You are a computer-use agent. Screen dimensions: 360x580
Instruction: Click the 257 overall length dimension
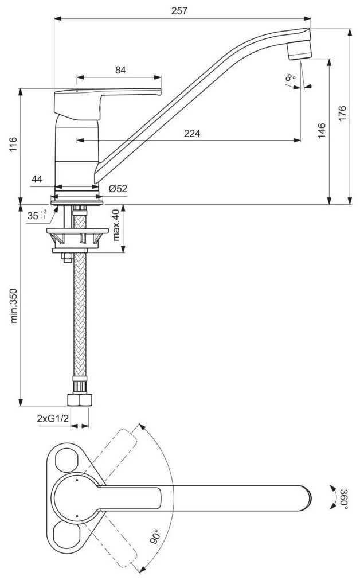point(179,11)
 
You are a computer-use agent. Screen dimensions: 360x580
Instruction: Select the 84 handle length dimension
point(120,69)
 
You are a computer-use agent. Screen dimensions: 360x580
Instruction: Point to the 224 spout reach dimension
point(192,133)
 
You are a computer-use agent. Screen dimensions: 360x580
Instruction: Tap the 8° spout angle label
point(291,77)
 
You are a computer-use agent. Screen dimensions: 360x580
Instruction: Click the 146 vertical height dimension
point(322,131)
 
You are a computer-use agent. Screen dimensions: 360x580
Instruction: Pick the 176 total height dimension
point(342,113)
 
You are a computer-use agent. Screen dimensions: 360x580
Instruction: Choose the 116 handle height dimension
point(13,145)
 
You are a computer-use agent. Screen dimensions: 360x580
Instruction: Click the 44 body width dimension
point(37,180)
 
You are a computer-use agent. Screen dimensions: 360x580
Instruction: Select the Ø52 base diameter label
point(118,189)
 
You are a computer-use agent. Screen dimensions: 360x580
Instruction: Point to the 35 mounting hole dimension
point(37,215)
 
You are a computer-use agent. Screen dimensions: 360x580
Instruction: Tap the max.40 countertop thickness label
point(116,225)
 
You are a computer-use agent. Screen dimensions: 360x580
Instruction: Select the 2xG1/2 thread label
point(53,418)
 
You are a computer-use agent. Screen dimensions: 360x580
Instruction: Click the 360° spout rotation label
point(343,499)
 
